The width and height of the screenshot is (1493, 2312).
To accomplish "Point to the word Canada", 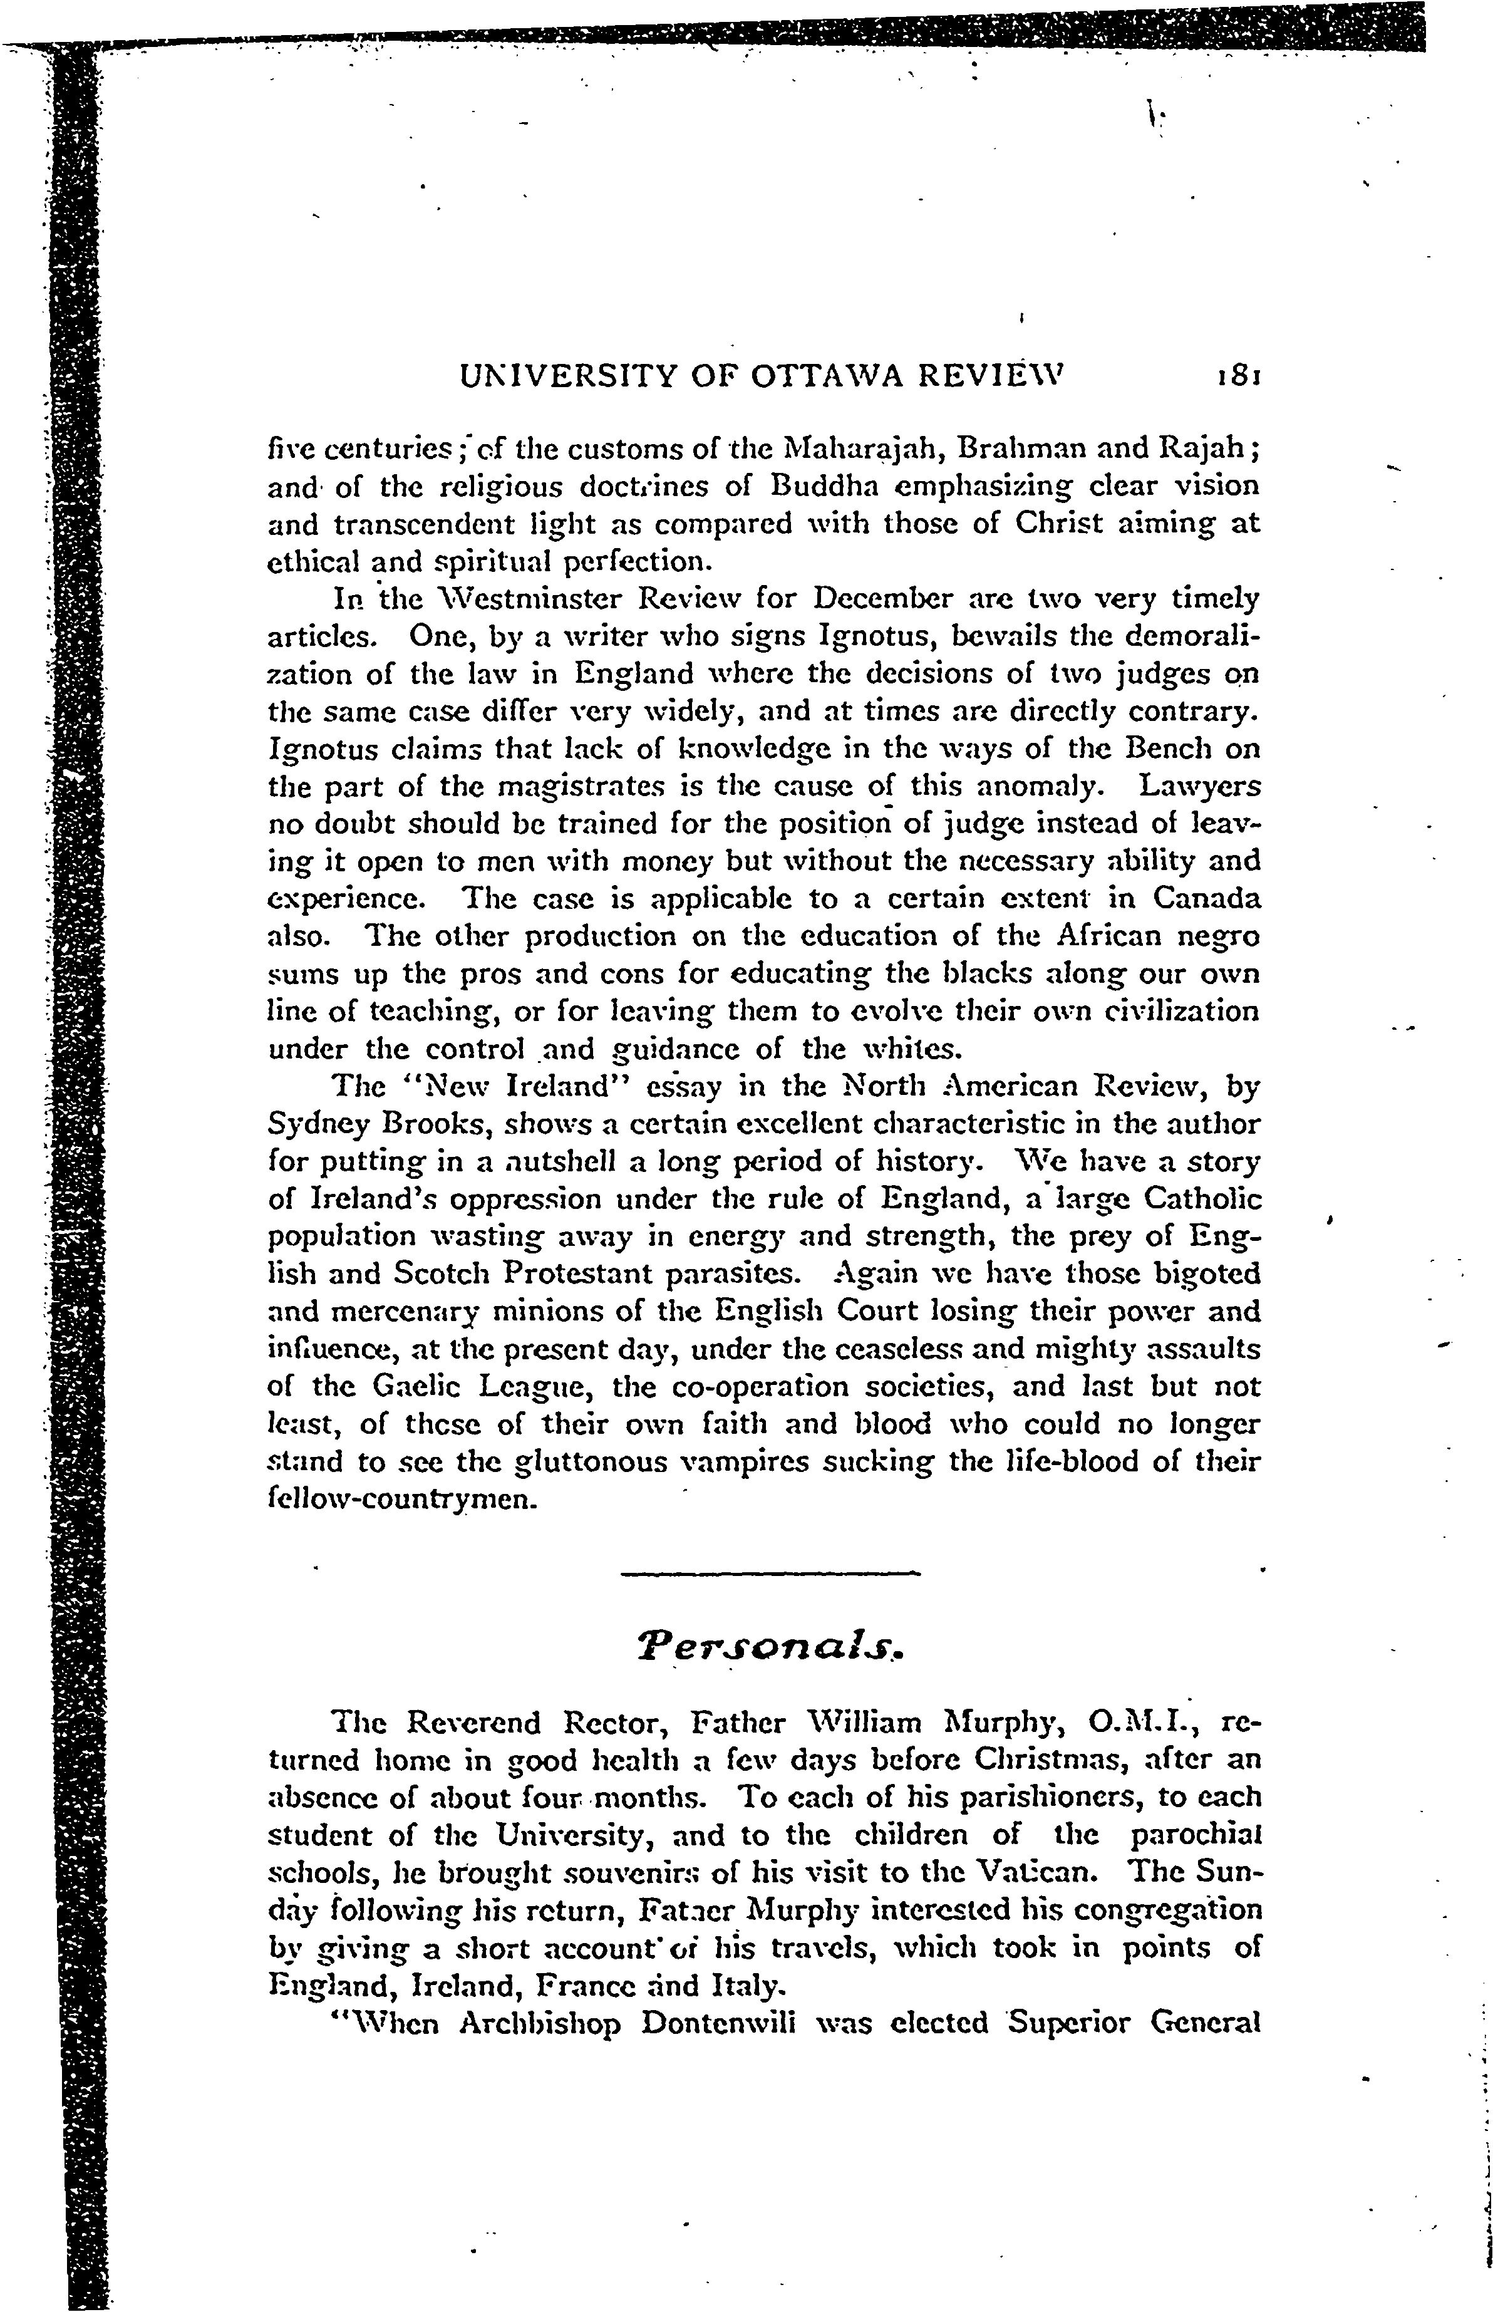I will [1207, 899].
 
